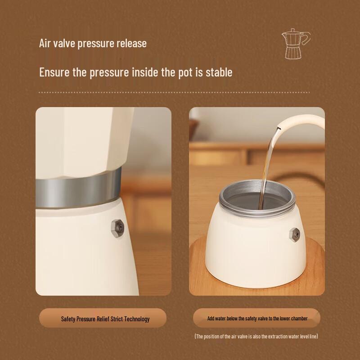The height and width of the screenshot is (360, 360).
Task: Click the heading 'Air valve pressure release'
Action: (x=93, y=44)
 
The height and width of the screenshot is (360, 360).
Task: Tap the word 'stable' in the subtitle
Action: (x=219, y=72)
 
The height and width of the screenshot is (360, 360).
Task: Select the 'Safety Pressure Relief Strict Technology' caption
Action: (x=105, y=319)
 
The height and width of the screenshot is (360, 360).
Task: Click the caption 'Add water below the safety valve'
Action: (x=257, y=318)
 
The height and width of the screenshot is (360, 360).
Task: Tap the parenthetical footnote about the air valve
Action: (x=256, y=336)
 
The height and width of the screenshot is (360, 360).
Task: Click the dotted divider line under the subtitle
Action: (x=175, y=92)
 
